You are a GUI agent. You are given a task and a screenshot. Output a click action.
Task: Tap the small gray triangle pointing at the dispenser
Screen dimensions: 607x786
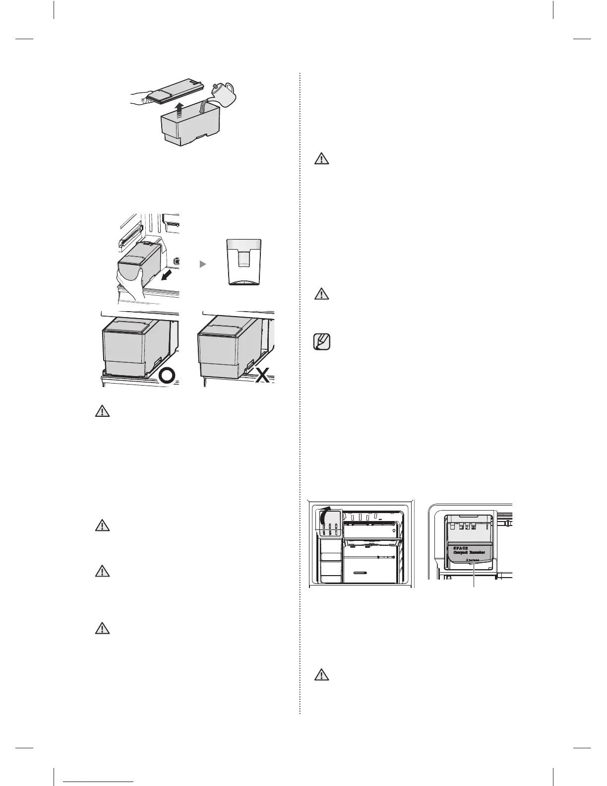pos(202,265)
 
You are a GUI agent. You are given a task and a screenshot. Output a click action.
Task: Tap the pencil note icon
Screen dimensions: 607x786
pos(323,342)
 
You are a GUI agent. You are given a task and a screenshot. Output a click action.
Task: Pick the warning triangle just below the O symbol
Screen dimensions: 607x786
pos(102,412)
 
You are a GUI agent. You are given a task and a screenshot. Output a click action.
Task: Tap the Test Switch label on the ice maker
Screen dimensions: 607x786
pos(473,561)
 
